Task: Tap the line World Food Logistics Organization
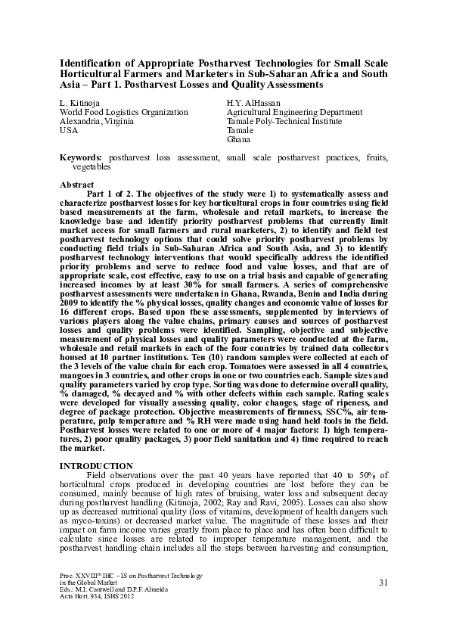coord(123,112)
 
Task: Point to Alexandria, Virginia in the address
coord(97,121)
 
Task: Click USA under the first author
coord(68,130)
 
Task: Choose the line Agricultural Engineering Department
coord(294,112)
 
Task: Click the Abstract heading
coord(76,185)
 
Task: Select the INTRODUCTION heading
coord(97,466)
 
